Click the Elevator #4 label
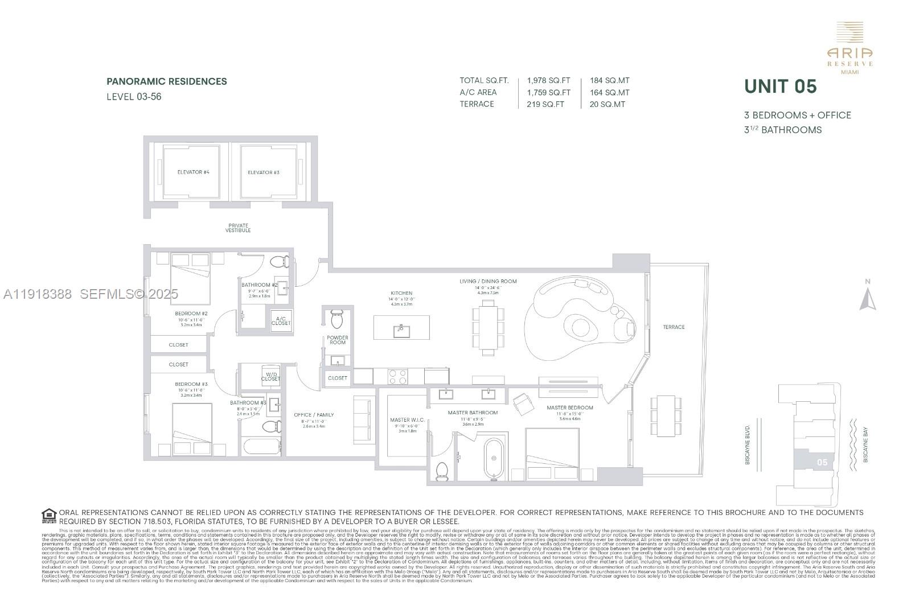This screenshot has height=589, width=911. (x=193, y=172)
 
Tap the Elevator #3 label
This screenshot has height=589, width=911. (x=264, y=172)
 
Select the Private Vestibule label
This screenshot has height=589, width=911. (x=238, y=228)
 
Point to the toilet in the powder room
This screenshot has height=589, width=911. (x=337, y=319)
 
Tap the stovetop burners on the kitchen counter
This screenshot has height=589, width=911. (x=398, y=376)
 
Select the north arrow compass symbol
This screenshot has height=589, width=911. (x=868, y=297)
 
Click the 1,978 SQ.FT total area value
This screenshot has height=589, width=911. (x=548, y=81)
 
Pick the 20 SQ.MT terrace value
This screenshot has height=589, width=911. (x=608, y=104)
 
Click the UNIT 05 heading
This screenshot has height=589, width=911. (x=781, y=87)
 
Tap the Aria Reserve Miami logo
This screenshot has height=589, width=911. (x=850, y=48)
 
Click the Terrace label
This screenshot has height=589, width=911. (x=674, y=327)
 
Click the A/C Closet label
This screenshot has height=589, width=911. (x=281, y=321)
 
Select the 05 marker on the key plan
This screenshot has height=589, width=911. (x=822, y=462)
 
